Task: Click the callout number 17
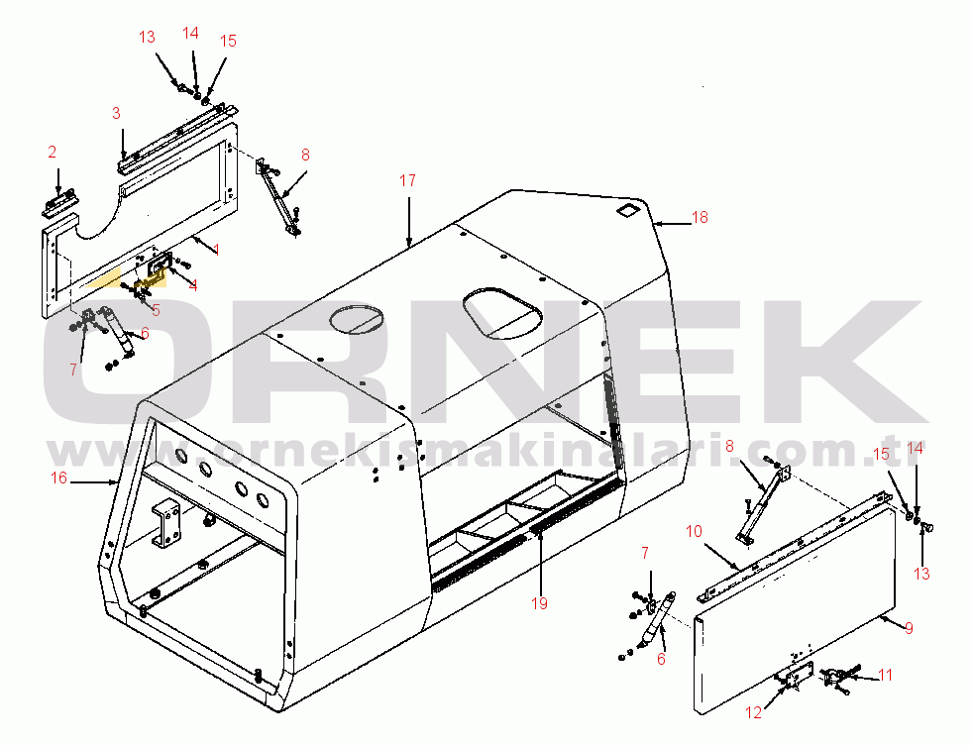click(407, 180)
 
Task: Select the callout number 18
click(700, 217)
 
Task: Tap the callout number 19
click(539, 603)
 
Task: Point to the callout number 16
click(58, 478)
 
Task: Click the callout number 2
click(53, 152)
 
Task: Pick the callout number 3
click(116, 113)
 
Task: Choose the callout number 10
click(694, 531)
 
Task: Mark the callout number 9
click(909, 628)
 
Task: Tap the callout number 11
click(886, 675)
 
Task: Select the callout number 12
click(753, 712)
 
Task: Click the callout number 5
click(156, 310)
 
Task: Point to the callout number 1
click(216, 250)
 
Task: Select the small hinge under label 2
click(61, 202)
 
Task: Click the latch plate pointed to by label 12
click(795, 675)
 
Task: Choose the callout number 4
click(193, 285)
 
